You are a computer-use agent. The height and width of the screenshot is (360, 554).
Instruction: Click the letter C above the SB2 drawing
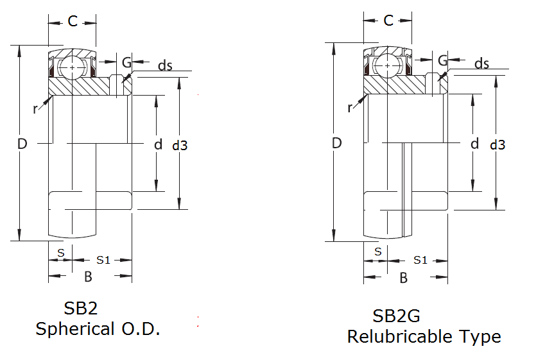(73, 22)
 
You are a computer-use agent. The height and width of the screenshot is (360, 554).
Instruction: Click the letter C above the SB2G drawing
(388, 21)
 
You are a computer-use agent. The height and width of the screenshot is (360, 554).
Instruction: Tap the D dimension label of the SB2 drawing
(22, 144)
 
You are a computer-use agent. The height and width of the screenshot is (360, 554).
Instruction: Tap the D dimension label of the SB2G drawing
(336, 143)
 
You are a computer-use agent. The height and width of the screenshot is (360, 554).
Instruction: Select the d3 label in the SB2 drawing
(180, 146)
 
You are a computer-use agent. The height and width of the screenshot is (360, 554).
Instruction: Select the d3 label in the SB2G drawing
(498, 145)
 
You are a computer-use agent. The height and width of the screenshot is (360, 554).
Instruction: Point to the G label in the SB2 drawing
(126, 62)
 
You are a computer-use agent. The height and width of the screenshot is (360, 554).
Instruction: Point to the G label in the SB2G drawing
(442, 60)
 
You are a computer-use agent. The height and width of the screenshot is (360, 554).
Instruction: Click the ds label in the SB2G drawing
(481, 64)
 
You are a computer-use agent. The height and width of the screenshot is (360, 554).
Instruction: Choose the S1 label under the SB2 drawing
(103, 260)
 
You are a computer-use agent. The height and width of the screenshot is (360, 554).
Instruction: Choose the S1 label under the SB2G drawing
(420, 260)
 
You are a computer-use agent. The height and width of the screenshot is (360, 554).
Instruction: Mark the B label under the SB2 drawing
(89, 277)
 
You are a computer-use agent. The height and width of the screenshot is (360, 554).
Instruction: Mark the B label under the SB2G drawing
(404, 278)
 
